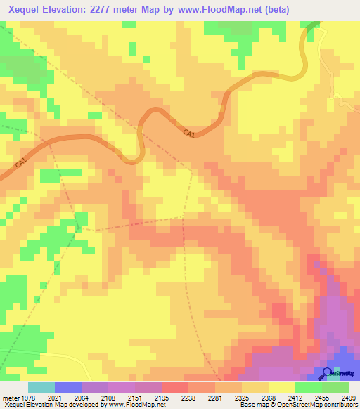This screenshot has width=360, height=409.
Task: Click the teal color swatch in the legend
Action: (x=41, y=387)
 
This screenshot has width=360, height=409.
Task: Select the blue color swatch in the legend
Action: (x=68, y=387)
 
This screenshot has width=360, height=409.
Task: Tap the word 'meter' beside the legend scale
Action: (x=12, y=397)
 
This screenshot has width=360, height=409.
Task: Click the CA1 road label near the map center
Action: (x=188, y=133)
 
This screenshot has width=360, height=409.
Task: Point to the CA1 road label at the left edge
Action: (x=21, y=163)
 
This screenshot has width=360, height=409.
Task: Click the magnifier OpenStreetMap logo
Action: (x=328, y=372)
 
